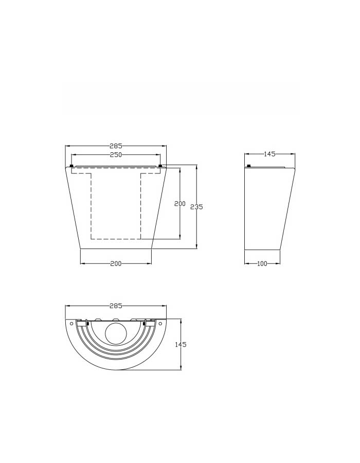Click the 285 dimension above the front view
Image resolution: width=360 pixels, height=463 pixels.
(x=116, y=146)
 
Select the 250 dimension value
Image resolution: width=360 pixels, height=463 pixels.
(x=116, y=154)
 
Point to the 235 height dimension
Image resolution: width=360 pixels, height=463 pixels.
(x=196, y=207)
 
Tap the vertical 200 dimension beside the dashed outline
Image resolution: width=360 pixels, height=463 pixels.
(x=179, y=203)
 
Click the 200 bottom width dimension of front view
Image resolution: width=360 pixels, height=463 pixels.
(x=116, y=263)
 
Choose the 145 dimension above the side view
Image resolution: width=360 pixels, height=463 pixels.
(x=269, y=154)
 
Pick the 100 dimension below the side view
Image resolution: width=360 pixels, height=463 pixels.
(x=262, y=263)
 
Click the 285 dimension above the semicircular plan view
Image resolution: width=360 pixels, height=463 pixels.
(x=116, y=306)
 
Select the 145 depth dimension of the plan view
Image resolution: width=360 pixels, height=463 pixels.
(x=181, y=344)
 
